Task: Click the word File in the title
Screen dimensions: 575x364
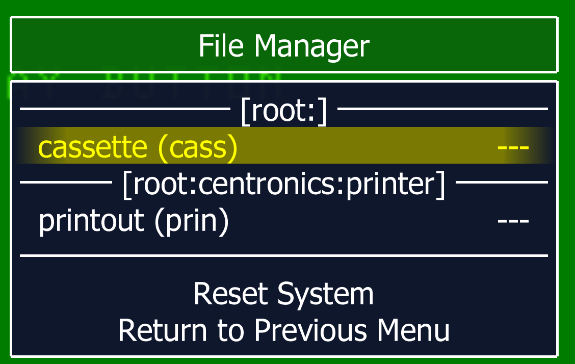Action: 221,46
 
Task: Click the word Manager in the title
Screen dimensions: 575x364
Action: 312,47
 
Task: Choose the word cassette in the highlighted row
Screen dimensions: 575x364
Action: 92,147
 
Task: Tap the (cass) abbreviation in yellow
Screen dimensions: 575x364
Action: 198,148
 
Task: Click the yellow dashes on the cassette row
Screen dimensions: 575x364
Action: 513,148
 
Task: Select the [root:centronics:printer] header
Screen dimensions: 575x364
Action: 284,185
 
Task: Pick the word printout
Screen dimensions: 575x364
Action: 91,221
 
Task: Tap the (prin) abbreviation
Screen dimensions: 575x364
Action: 192,221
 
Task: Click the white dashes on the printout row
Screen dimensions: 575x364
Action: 513,221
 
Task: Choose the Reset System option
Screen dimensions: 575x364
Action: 283,294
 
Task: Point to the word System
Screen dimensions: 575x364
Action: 325,295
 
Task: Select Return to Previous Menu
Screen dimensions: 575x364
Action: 284,330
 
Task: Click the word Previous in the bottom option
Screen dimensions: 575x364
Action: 310,330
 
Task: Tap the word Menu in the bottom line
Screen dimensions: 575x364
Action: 413,330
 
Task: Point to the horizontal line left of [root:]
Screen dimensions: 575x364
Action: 125,109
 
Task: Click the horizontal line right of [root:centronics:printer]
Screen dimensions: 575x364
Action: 502,182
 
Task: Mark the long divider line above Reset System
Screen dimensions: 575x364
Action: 284,255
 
